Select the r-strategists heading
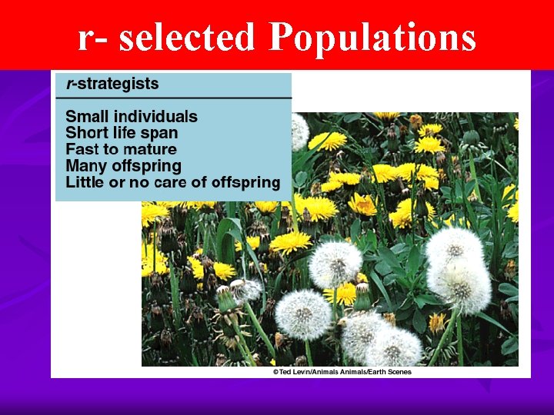pos(112,84)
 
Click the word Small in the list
pos(87,117)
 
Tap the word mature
pos(149,150)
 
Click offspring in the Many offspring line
pos(144,166)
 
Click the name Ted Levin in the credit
pos(299,372)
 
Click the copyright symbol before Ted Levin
pos(275,372)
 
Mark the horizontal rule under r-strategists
pos(173,98)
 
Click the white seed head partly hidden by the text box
pos(299,131)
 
